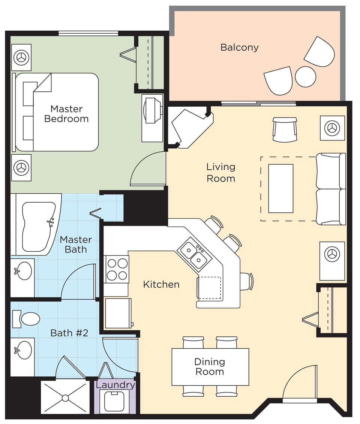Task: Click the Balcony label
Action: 239,48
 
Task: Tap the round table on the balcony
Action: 305,77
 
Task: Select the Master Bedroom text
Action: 66,114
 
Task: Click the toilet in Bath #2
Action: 30,319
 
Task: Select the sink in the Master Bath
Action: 24,270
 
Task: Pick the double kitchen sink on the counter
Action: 194,255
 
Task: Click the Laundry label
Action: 115,385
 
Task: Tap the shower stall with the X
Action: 65,397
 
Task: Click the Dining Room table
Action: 210,367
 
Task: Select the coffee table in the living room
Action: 280,188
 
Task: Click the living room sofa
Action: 331,189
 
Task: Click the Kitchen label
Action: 161,284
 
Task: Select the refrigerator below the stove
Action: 118,313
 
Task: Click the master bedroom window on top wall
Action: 88,33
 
